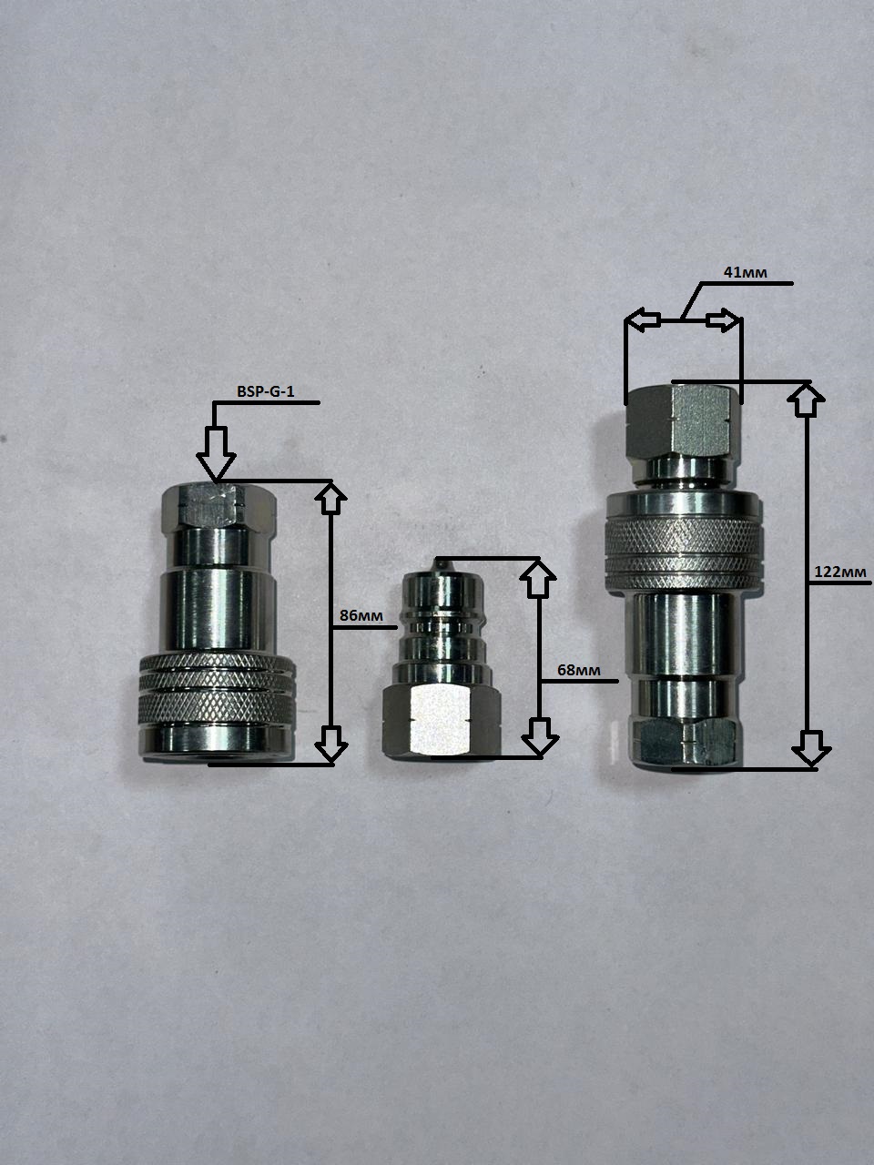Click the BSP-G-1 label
[265, 391]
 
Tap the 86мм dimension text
[361, 615]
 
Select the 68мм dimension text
[578, 671]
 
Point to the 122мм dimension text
[840, 572]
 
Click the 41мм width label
[745, 272]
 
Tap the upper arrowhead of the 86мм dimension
[331, 497]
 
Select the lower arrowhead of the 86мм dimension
[331, 745]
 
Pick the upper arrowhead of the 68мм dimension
[539, 578]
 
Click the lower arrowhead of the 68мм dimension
[540, 737]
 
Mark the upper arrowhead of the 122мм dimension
[808, 400]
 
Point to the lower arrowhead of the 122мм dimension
[811, 748]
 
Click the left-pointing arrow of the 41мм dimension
[643, 319]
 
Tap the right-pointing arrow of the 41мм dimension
[722, 320]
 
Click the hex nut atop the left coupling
[218, 506]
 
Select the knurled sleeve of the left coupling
[217, 690]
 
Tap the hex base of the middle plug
[442, 720]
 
